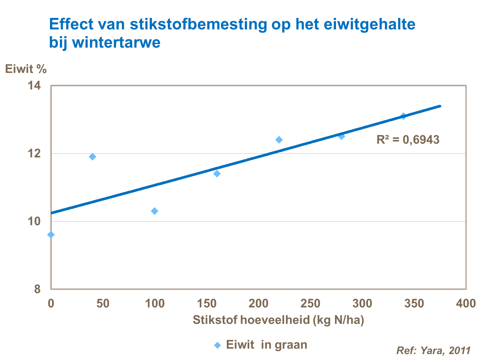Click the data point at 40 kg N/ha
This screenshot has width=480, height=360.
pos(92,157)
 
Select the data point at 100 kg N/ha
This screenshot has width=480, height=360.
pos(155,211)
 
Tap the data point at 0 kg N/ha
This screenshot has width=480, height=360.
pos(51,235)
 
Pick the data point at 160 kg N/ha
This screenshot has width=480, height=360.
pos(217,174)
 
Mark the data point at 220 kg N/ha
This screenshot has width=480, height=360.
pos(279,140)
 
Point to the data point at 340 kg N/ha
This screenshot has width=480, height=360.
pos(404,116)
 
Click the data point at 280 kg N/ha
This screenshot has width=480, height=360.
pos(341,136)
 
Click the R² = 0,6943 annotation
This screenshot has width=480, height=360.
pos(408,140)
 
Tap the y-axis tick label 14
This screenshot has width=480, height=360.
pos(34,86)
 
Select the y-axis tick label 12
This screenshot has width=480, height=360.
pos(34,153)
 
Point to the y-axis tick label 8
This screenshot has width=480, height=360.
pos(37,289)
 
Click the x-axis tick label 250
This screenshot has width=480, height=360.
pos(310,303)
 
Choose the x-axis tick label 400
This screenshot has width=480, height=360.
pos(466,303)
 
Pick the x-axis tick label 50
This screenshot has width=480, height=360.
pos(103,303)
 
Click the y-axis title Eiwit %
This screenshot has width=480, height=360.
pos(26,69)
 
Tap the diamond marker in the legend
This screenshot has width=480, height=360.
pos(218,345)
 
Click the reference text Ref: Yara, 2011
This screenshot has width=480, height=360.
pos(433,350)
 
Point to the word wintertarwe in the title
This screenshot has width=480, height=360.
pos(116,43)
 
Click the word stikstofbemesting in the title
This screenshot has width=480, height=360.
pos(198,24)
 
